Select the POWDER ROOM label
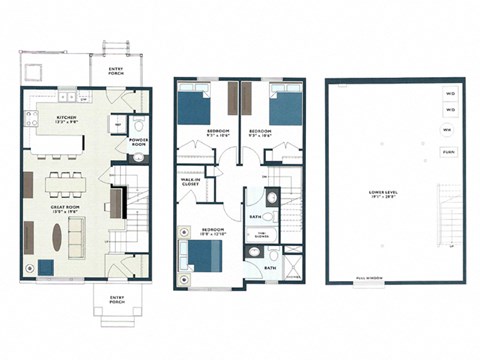(x=139, y=141)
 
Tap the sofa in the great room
(x=83, y=241)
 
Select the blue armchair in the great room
(x=48, y=268)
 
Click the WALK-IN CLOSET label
(x=191, y=183)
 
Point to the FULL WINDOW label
(x=366, y=280)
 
